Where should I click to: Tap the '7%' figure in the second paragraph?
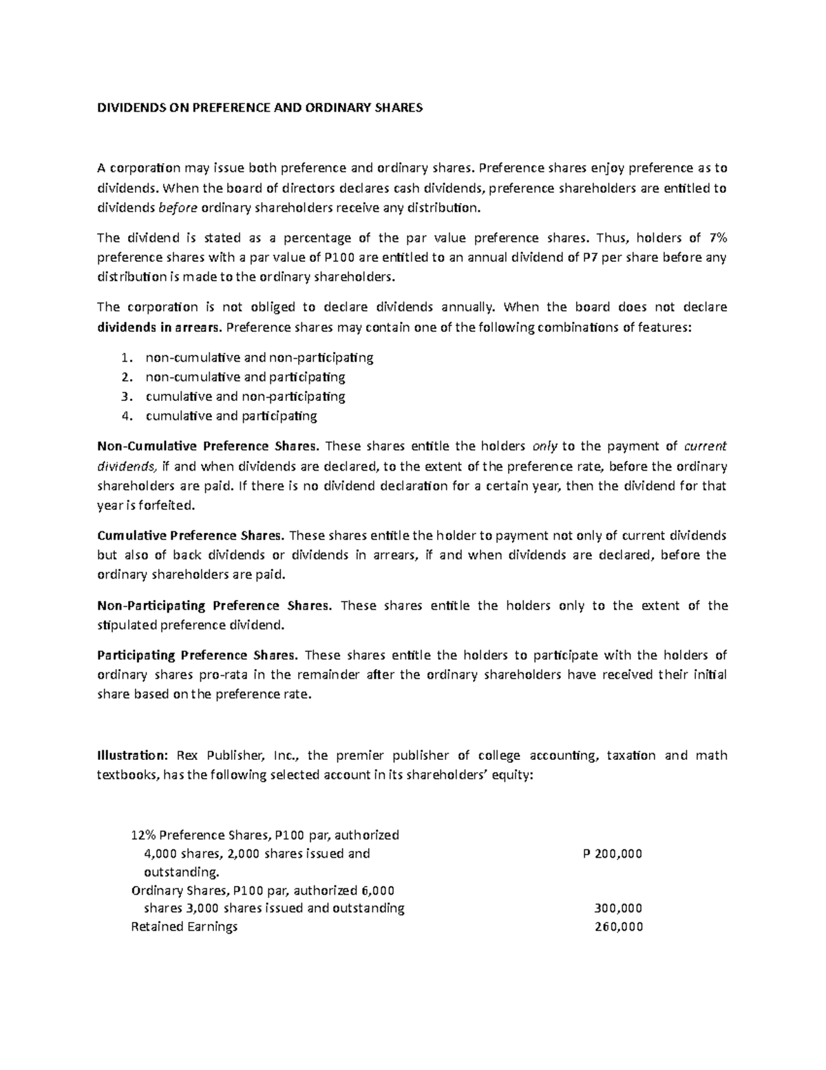(717, 238)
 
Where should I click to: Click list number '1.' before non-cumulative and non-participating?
(125, 358)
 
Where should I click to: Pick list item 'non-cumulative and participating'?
(245, 377)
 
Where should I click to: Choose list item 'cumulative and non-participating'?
(245, 396)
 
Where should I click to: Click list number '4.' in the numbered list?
(125, 415)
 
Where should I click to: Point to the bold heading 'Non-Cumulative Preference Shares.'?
(209, 446)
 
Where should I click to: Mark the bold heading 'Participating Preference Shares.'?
(198, 655)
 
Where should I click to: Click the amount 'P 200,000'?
(612, 854)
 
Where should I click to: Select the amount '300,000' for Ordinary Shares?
(618, 908)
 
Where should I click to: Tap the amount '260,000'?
(618, 927)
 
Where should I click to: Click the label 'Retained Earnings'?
(184, 927)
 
